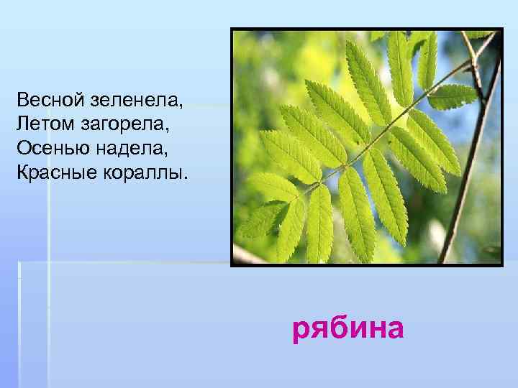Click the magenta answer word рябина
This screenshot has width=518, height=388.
point(348,329)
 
